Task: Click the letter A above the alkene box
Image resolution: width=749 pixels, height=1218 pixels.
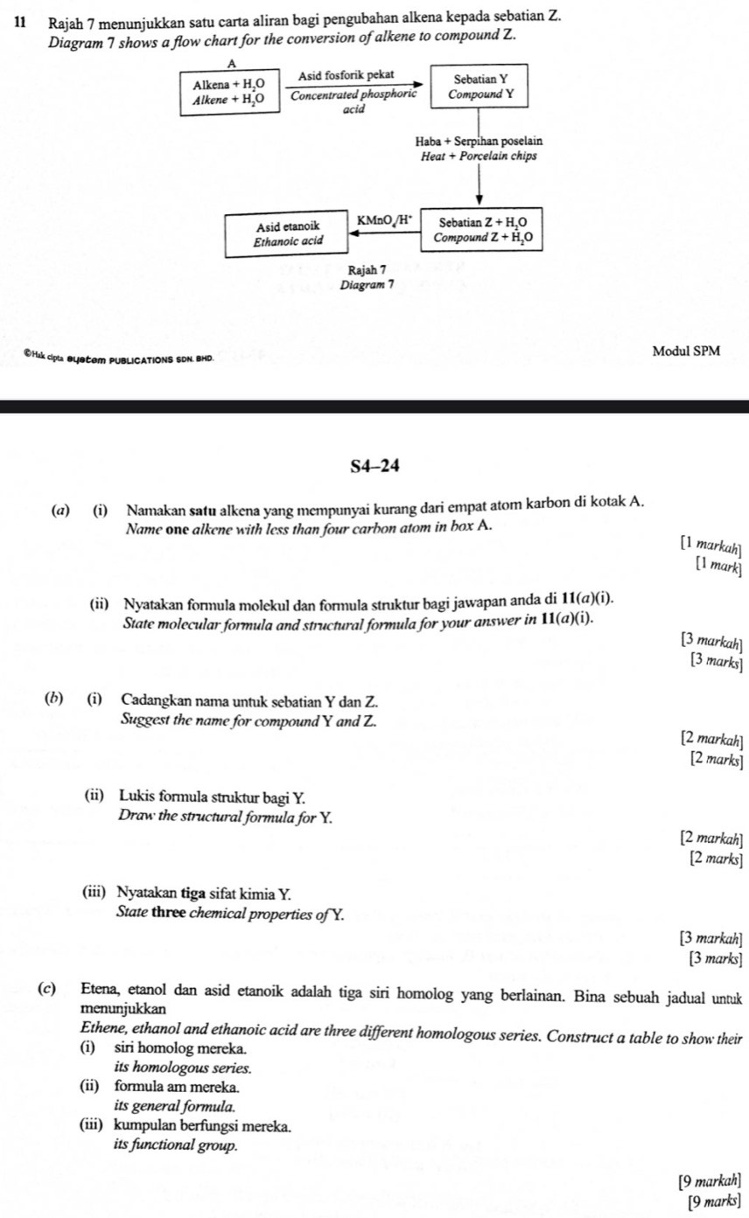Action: pos(231,64)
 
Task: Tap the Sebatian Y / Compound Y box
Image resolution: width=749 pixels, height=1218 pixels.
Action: pos(479,87)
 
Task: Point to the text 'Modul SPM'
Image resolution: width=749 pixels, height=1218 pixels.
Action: pos(686,351)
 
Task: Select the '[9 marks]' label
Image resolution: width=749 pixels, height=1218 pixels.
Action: pos(717,1201)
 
